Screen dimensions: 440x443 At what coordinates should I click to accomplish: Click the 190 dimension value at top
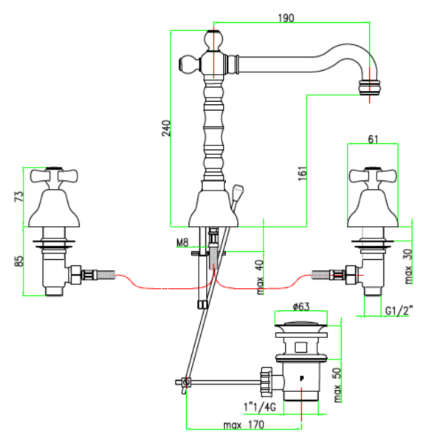(286, 18)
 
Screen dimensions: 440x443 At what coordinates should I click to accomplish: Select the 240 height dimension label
(166, 128)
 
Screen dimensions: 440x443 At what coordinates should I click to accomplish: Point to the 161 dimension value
(302, 174)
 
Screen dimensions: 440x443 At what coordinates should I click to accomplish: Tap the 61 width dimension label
(373, 139)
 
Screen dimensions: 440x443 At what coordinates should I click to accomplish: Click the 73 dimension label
(18, 196)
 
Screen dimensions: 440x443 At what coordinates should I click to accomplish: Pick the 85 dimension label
(18, 261)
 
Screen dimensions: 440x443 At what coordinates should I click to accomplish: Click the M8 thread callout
(182, 242)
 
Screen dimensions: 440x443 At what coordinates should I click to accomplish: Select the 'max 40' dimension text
(260, 278)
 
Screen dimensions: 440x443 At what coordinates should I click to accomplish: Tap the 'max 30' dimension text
(408, 267)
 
